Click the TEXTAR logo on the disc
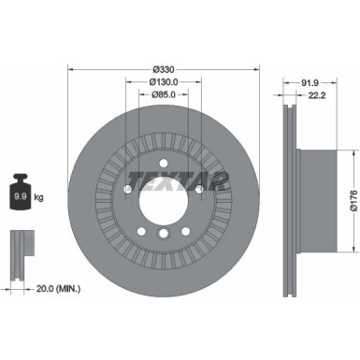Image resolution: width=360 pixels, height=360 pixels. [178, 180]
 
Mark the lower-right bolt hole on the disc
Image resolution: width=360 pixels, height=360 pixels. [186, 230]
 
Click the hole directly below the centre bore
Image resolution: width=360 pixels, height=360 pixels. [164, 235]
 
